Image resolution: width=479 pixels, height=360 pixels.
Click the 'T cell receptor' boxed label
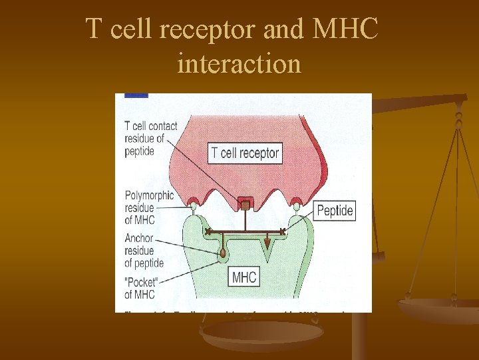click(245, 153)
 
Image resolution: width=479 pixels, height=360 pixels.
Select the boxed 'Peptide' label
click(335, 211)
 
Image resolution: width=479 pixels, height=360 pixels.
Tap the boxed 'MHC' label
click(244, 277)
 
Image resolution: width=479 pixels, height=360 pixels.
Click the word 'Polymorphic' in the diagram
click(149, 195)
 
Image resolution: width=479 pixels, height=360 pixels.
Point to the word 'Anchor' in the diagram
click(138, 238)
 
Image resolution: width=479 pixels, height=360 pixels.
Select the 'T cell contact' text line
click(151, 126)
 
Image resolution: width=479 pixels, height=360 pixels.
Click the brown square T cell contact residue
click(245, 206)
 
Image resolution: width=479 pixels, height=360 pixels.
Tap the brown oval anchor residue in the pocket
click(222, 253)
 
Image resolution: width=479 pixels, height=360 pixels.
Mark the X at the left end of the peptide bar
click(208, 231)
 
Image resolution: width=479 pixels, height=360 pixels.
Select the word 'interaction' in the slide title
click(239, 64)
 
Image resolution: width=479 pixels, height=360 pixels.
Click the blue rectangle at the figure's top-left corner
click(136, 95)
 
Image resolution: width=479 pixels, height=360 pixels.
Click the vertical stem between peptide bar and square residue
click(245, 221)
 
